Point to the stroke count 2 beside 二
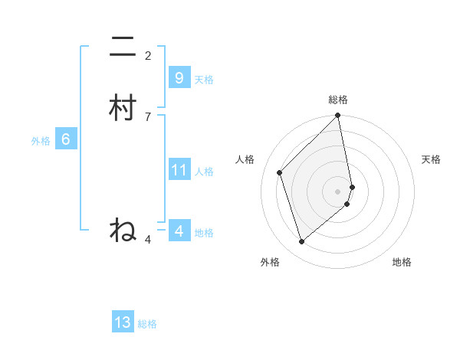click(148, 56)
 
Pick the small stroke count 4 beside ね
click(148, 240)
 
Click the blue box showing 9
click(179, 78)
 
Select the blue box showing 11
click(179, 169)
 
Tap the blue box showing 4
click(179, 231)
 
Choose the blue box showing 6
click(65, 139)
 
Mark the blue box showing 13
click(123, 322)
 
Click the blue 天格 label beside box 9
click(204, 80)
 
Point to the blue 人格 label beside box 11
click(204, 171)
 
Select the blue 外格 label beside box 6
click(41, 141)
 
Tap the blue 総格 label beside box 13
click(147, 324)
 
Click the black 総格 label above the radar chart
click(338, 100)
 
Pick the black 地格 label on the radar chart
click(402, 262)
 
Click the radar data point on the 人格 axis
click(280, 172)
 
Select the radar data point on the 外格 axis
click(302, 242)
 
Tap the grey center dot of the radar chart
click(338, 191)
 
